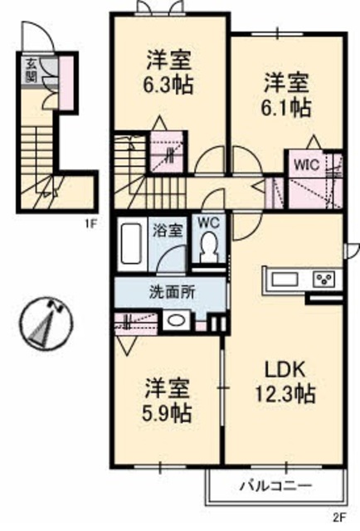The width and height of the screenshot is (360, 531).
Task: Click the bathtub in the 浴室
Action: click(129, 244)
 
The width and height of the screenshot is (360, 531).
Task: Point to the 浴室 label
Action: click(168, 230)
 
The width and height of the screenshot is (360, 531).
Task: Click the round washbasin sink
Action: click(175, 321)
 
